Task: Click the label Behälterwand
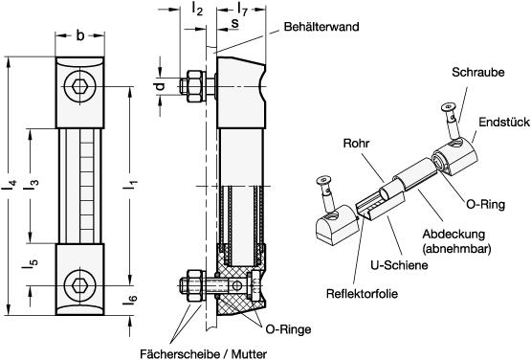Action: coord(321,27)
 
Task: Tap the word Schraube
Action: coord(477,72)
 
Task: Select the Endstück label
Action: coord(504,122)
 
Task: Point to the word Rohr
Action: coord(356,143)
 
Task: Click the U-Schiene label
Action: coord(399,265)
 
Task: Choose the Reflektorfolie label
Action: coord(362,294)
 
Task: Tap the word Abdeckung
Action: coord(454,234)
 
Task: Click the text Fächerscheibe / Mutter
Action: coord(203,354)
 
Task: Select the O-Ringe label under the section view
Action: coord(288,329)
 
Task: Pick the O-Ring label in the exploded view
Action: coord(486,204)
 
